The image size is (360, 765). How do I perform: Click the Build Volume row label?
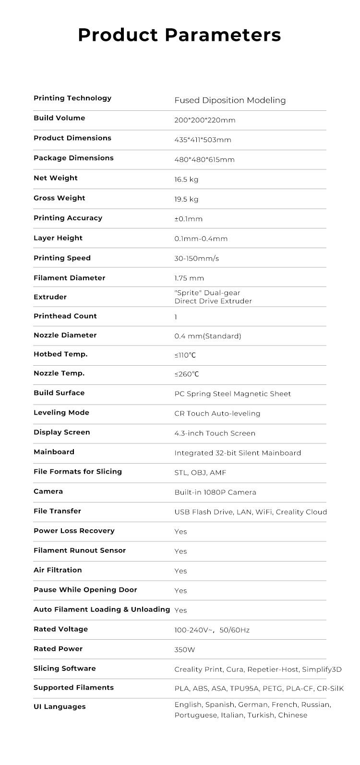(x=59, y=118)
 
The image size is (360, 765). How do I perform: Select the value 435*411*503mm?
(x=203, y=140)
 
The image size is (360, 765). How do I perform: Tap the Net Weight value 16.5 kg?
(x=186, y=180)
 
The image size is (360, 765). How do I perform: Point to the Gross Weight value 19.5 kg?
(x=186, y=200)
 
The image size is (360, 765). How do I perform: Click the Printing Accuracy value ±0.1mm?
(x=188, y=219)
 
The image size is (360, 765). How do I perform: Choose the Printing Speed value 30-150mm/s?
(x=196, y=259)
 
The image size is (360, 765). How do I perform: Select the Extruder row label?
(x=50, y=297)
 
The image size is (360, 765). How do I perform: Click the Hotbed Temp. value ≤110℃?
(x=185, y=355)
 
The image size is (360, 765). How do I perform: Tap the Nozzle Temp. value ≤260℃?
(x=186, y=374)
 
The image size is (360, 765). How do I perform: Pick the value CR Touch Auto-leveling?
(x=217, y=414)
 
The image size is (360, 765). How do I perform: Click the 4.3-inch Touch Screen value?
(x=215, y=433)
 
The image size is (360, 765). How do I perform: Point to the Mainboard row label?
(x=54, y=452)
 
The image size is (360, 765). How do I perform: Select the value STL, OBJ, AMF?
(x=200, y=473)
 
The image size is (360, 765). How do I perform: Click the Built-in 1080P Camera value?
(x=215, y=492)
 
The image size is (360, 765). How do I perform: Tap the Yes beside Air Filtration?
(x=180, y=571)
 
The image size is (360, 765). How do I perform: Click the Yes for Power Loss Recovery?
(x=180, y=532)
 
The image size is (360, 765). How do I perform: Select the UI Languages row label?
(x=60, y=707)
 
